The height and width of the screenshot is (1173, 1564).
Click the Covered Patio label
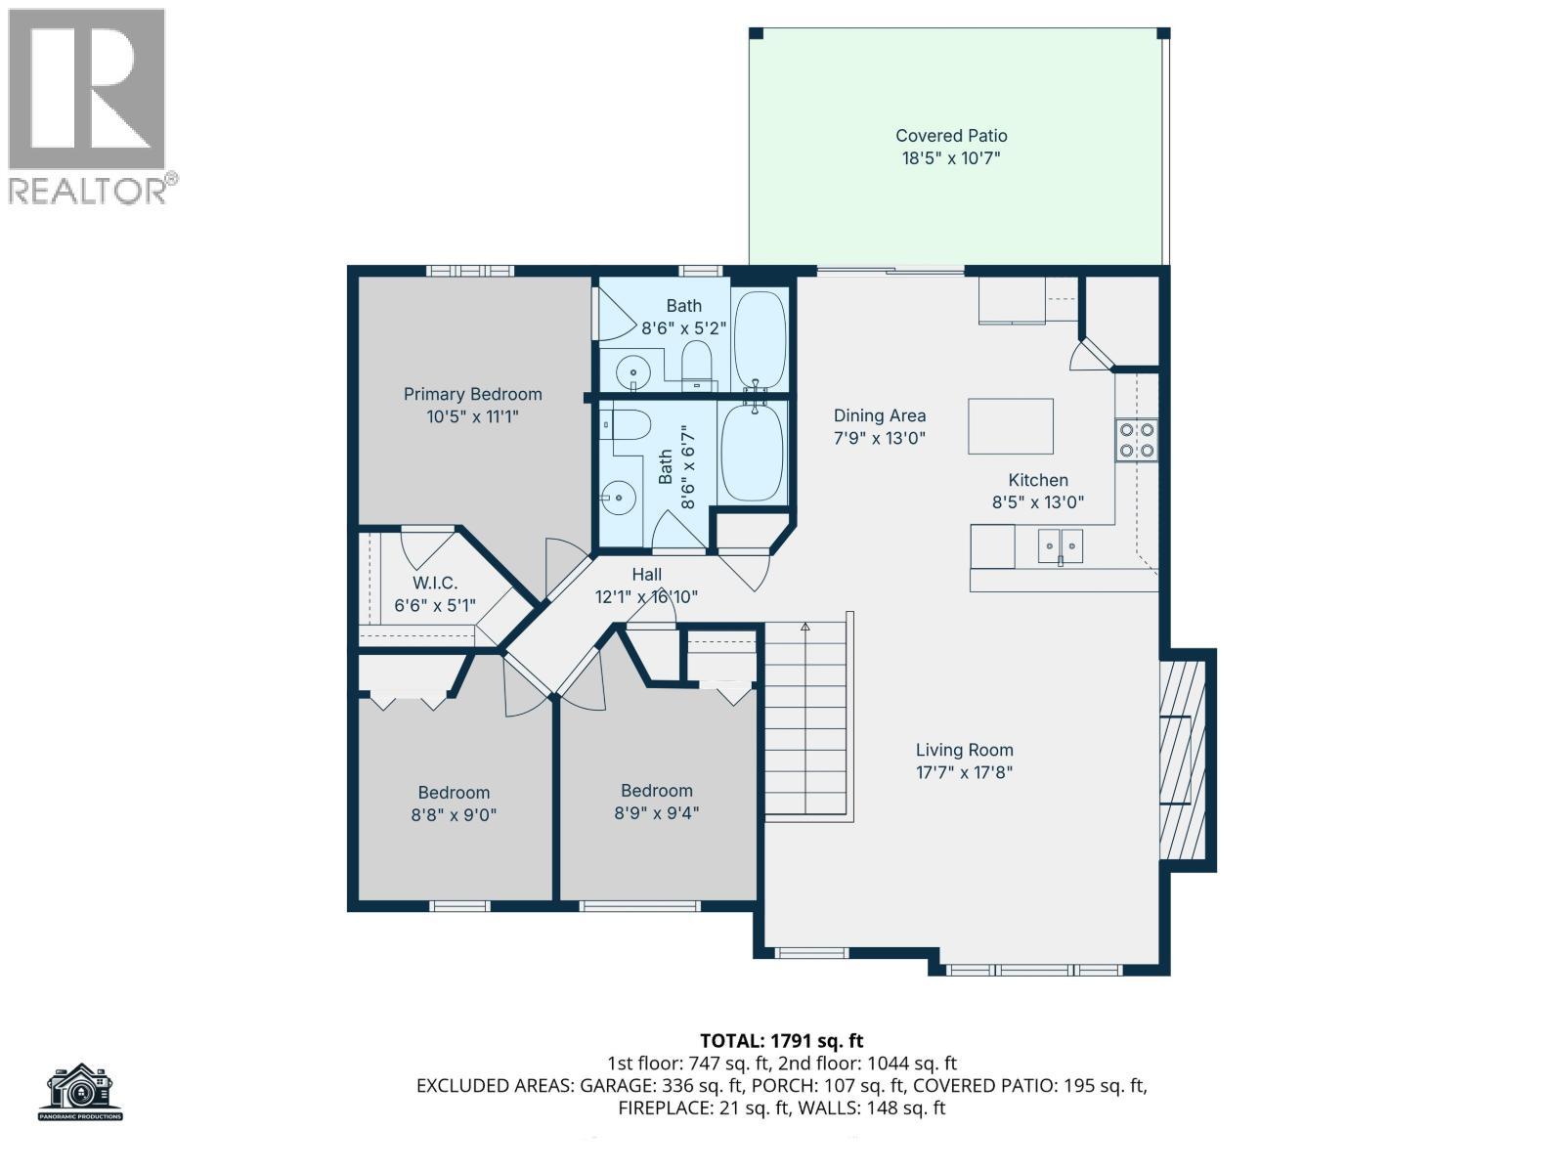950,136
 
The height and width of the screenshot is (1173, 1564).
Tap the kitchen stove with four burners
1136,440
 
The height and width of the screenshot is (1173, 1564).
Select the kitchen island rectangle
1010,426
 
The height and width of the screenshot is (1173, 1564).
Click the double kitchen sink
1060,545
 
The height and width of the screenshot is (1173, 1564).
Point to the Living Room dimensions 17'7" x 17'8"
964,772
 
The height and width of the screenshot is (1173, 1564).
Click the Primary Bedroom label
472,394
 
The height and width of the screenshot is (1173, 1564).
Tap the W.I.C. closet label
434,584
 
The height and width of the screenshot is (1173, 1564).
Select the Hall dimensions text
646,597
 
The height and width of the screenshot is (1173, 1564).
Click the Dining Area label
879,416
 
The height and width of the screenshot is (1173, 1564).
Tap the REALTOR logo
88,106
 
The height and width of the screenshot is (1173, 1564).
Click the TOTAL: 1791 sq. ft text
781,1041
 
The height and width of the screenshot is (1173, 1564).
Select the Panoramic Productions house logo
81,1092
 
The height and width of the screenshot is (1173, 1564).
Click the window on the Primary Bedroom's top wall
469,271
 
